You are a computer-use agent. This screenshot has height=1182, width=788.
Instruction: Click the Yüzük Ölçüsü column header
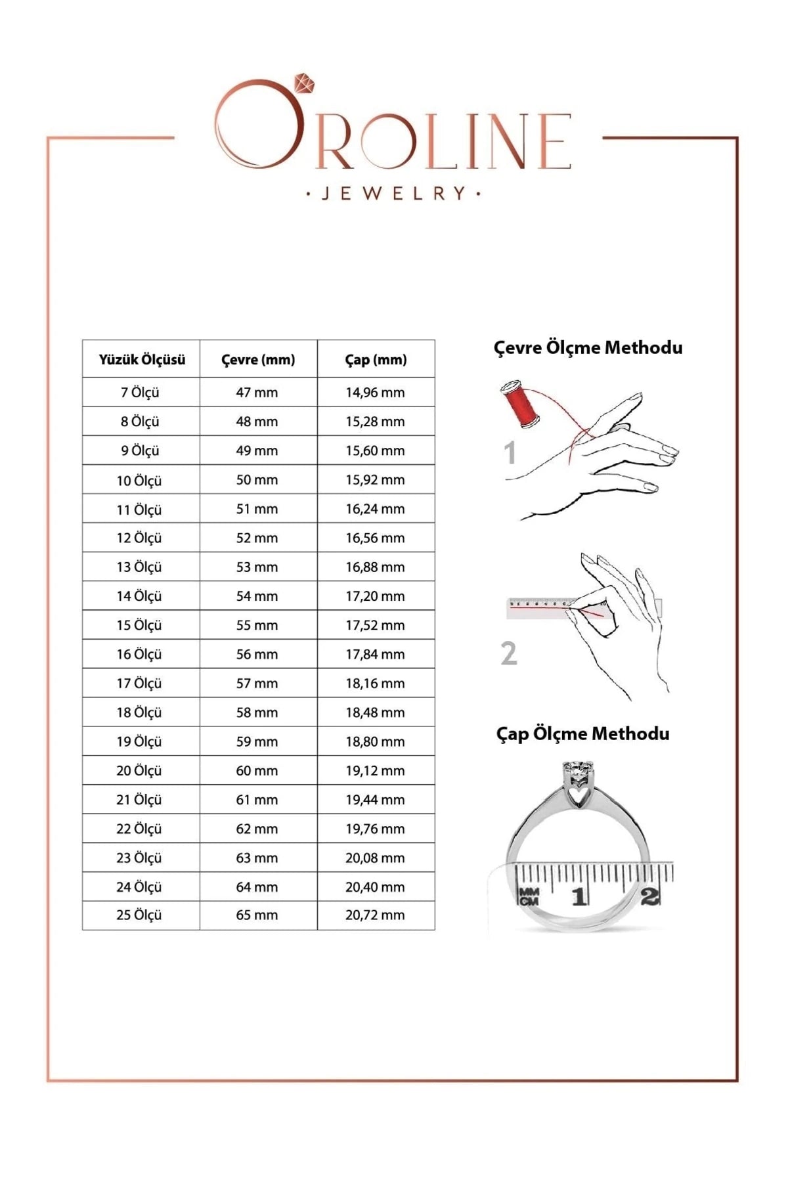[142, 359]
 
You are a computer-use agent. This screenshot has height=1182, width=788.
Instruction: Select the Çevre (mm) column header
[258, 359]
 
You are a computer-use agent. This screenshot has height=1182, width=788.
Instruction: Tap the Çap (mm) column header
[376, 359]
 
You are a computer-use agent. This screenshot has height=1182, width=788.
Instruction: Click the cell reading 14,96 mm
[375, 393]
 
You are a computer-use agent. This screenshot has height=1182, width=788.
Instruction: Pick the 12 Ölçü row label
[139, 538]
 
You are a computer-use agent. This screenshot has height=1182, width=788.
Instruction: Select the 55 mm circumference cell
[257, 625]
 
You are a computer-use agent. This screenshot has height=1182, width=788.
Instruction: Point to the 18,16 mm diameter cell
[375, 683]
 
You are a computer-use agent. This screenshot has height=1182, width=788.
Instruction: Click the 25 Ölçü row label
[139, 915]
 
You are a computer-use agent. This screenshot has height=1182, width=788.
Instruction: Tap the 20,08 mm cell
[375, 858]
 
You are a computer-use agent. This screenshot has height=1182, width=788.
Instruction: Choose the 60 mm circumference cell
[257, 770]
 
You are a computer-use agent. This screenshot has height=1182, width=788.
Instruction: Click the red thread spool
[520, 403]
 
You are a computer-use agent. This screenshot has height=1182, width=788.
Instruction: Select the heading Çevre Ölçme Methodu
[588, 347]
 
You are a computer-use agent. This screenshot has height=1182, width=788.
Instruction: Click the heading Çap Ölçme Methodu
[582, 733]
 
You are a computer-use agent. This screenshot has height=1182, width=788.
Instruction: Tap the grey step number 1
[510, 453]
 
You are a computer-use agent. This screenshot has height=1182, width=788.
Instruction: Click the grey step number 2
[509, 653]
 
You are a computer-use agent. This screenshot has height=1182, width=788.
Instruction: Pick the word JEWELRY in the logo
[393, 193]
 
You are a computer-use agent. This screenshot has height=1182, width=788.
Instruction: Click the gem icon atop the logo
[305, 83]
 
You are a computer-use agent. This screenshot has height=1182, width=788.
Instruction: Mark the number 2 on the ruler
[649, 896]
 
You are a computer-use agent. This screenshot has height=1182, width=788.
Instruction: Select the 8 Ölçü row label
[139, 422]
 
